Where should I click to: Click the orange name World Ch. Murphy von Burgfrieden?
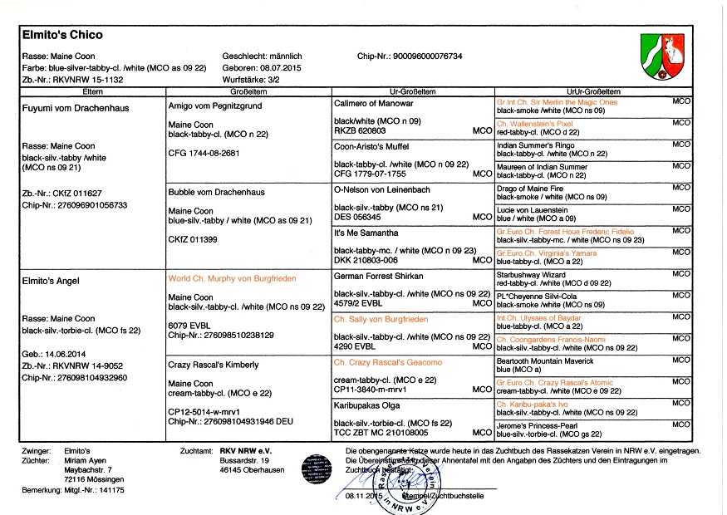[231, 277]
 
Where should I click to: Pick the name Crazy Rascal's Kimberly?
[213, 364]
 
